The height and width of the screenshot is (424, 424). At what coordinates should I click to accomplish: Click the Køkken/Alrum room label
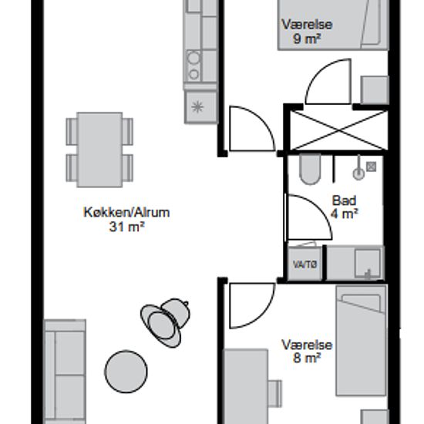click(126, 213)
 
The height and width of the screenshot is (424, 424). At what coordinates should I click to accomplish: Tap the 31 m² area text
click(126, 227)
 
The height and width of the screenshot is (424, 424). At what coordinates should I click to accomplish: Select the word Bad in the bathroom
click(344, 200)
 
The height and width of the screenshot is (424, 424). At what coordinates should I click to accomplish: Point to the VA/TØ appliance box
click(305, 264)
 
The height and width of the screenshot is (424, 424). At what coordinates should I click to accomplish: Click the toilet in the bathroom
click(310, 169)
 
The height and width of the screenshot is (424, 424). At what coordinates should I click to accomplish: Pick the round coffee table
click(126, 372)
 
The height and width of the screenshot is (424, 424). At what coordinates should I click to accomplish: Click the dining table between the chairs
click(99, 150)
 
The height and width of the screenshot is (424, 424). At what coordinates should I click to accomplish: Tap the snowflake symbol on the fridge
click(197, 107)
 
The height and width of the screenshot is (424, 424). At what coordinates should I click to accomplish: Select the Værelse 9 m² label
click(307, 32)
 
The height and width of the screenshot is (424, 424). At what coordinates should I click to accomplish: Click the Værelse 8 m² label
click(307, 352)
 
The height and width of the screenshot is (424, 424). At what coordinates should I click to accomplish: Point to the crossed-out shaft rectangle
click(338, 130)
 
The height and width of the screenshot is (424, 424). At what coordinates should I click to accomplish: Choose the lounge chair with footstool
click(165, 322)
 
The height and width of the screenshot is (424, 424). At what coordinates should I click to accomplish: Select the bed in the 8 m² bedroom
click(361, 340)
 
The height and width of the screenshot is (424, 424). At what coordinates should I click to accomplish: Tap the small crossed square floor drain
click(371, 167)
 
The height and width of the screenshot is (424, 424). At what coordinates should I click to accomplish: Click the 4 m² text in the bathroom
click(345, 214)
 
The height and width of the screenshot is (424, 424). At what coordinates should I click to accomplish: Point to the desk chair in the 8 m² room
click(274, 393)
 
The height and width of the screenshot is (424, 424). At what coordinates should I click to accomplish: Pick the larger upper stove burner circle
click(193, 58)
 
